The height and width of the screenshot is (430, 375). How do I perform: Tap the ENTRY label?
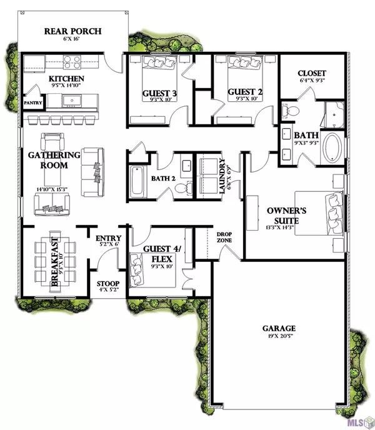coord(107,238)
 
